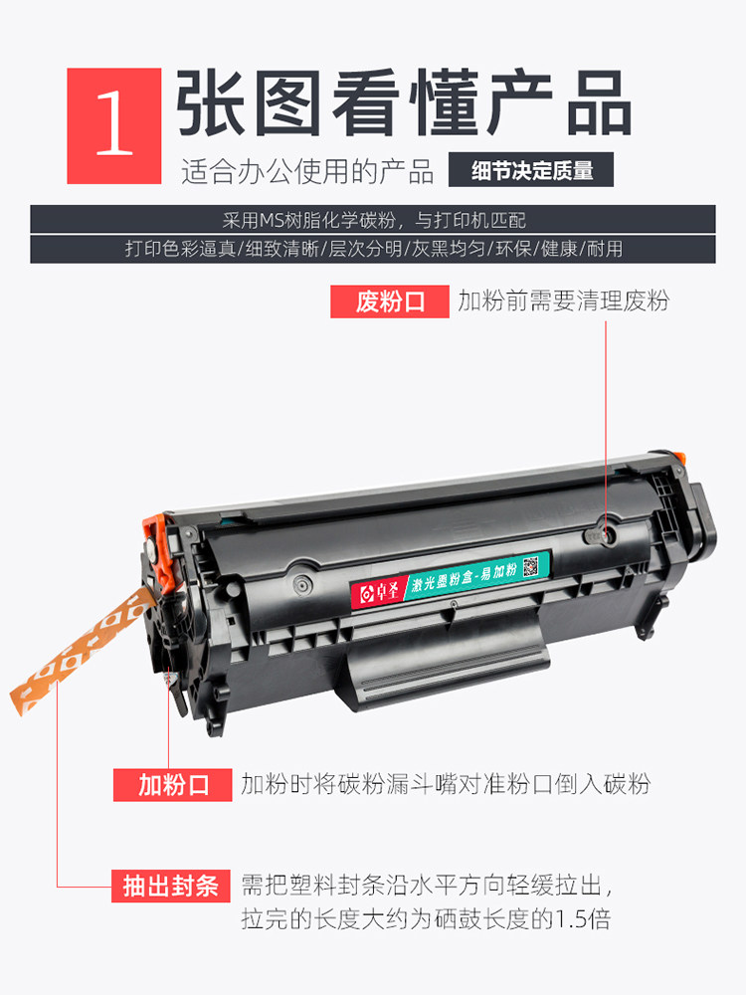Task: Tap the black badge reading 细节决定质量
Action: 531,170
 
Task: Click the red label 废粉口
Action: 390,301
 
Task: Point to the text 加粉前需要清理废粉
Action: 563,301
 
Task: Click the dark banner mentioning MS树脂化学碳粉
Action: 373,219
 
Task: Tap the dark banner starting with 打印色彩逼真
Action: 373,249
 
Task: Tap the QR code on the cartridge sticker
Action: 529,566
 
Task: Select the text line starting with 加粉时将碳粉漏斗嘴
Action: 445,785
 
